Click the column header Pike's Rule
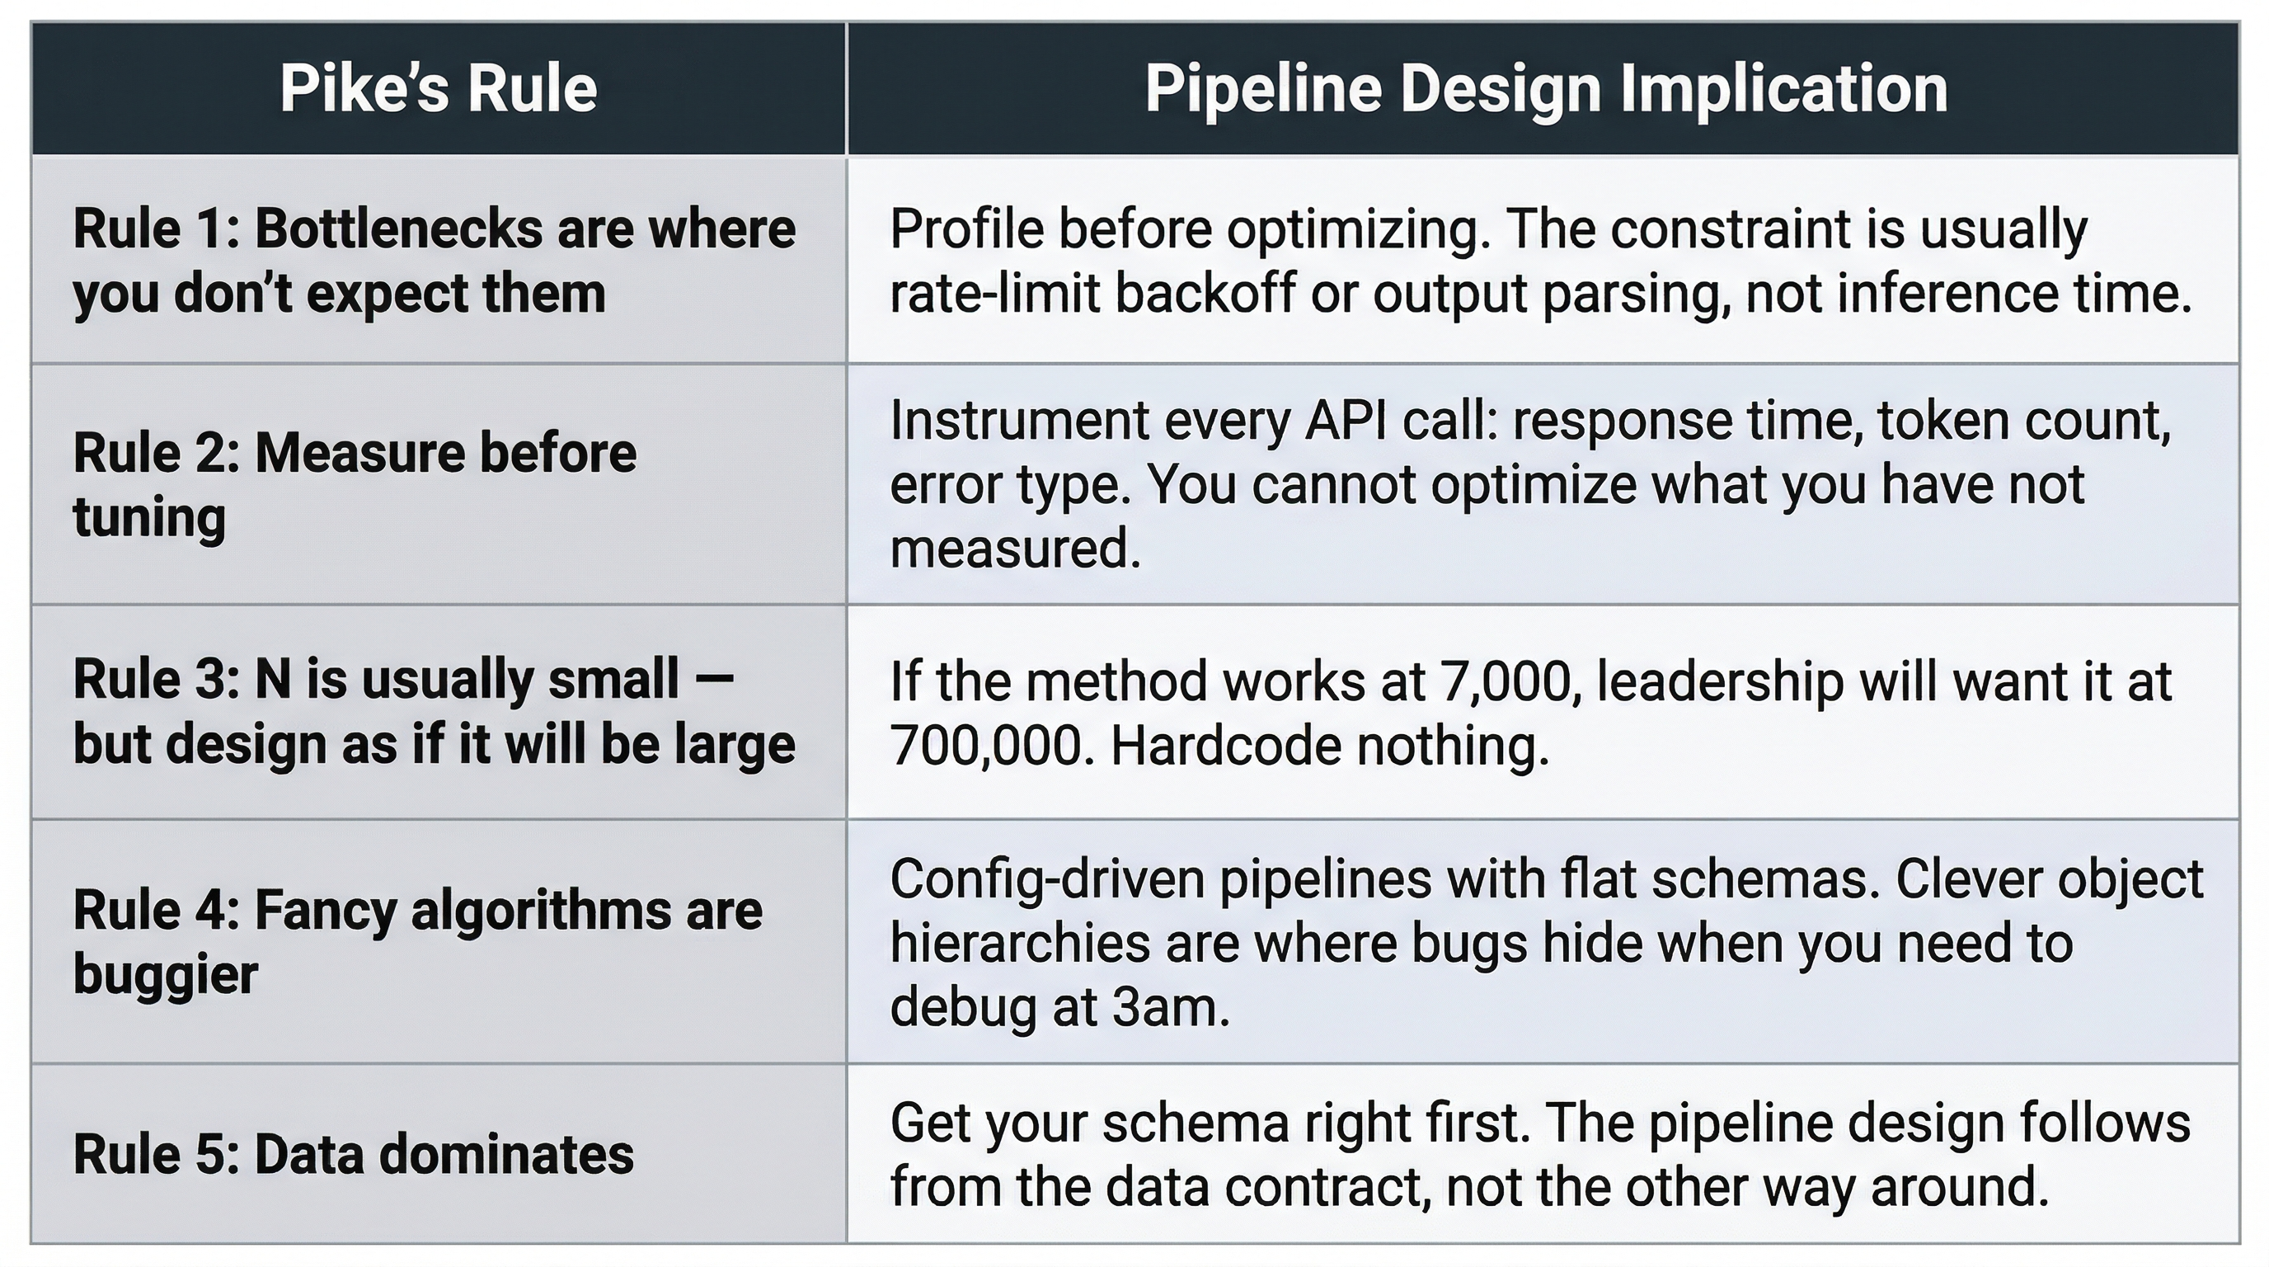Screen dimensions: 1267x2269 tap(438, 89)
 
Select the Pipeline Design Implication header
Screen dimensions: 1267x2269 tap(1545, 89)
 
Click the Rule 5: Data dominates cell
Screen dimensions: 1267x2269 tap(353, 1154)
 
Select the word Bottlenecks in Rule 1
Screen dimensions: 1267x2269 tap(397, 229)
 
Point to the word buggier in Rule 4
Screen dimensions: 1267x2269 tap(166, 974)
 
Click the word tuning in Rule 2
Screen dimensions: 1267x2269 tap(149, 517)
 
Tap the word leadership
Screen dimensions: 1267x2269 tap(1719, 681)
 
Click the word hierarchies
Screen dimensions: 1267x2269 tap(1020, 943)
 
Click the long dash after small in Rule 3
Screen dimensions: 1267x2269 tap(714, 680)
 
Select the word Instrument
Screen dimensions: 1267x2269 tap(1018, 421)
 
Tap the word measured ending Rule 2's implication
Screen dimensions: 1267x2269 tap(1015, 549)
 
